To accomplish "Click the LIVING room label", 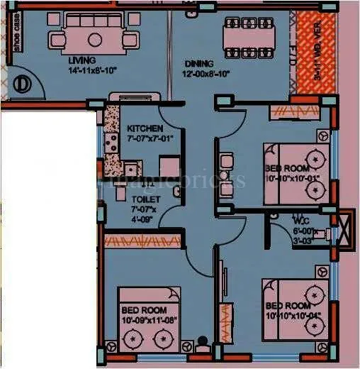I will (81, 60).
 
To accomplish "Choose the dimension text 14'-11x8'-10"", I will (81, 71).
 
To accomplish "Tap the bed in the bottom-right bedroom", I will (296, 307).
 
